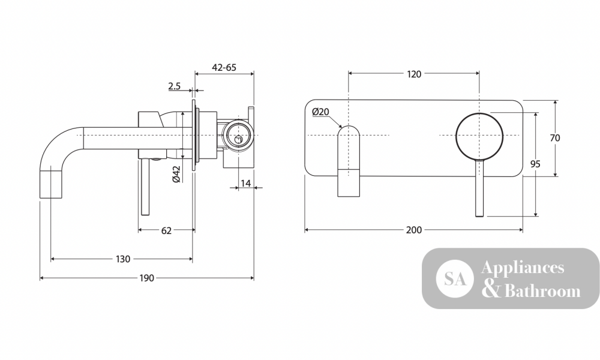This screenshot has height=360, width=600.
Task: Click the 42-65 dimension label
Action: click(224, 68)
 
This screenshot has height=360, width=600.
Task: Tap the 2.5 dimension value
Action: click(174, 86)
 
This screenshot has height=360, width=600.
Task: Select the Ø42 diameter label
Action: click(176, 173)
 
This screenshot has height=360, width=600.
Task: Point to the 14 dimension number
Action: click(246, 183)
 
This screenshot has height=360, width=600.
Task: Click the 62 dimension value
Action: click(166, 230)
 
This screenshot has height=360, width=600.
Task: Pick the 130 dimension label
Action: click(123, 259)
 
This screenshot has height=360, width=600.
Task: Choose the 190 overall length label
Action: click(146, 278)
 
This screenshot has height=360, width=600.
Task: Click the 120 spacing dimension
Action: click(414, 74)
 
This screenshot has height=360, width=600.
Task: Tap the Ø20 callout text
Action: click(320, 112)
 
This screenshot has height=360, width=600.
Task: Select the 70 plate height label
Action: click(555, 138)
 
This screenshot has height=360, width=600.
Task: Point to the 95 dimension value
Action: click(535, 164)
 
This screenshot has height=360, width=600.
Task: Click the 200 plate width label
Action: click(414, 230)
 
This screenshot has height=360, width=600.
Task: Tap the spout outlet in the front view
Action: click(349, 161)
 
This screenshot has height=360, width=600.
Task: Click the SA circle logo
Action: click(455, 278)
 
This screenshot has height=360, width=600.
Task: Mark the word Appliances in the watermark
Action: click(523, 268)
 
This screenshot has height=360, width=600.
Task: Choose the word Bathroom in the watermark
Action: click(542, 291)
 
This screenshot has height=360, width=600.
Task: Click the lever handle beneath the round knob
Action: click(479, 187)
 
